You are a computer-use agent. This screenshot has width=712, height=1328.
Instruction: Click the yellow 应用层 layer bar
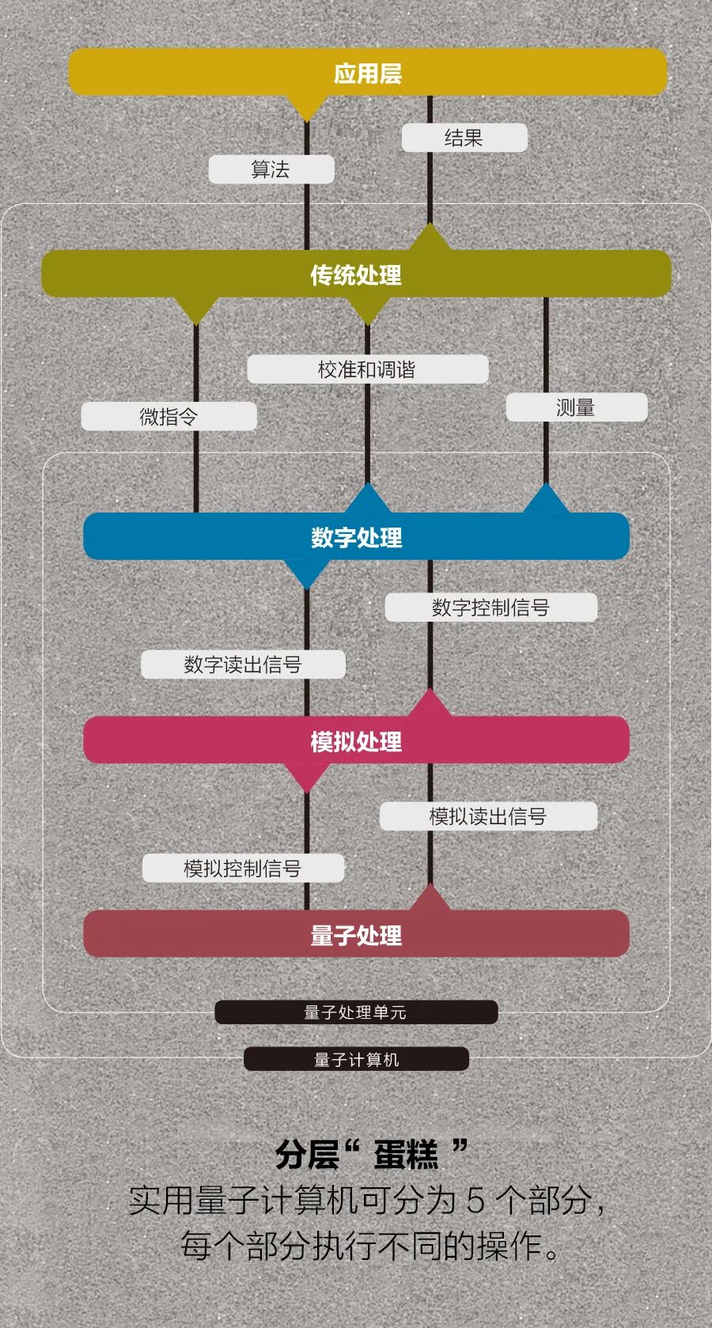(x=368, y=73)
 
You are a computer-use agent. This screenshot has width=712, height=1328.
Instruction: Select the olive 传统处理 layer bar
(x=356, y=274)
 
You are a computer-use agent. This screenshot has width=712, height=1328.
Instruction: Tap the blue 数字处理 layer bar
(x=356, y=537)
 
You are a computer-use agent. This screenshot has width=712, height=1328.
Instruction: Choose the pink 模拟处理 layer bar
(x=356, y=741)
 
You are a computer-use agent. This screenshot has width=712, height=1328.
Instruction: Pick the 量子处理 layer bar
(x=356, y=935)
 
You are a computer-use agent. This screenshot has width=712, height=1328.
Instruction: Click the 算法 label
(x=271, y=169)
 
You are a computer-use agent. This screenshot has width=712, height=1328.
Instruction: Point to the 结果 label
(x=464, y=138)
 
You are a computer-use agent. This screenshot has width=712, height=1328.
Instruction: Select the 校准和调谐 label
(x=367, y=369)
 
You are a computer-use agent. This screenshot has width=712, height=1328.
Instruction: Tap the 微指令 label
(x=169, y=416)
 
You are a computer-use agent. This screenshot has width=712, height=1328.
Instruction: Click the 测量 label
(x=576, y=407)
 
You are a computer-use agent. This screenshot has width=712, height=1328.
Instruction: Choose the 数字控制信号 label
(x=490, y=607)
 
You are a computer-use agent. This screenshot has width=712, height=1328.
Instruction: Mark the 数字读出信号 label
(x=243, y=664)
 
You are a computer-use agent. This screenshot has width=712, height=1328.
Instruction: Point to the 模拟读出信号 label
(x=488, y=816)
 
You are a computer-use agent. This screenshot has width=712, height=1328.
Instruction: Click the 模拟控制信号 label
(x=243, y=868)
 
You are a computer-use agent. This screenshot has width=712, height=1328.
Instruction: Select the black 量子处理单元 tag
(x=356, y=1012)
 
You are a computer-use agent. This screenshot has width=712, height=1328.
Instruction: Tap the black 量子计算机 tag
(x=356, y=1059)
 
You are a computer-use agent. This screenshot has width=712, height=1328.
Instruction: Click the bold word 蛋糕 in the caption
(x=406, y=1156)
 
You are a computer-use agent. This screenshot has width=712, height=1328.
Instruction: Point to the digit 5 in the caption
(x=475, y=1201)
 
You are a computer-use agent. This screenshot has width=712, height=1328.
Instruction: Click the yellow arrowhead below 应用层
(x=307, y=108)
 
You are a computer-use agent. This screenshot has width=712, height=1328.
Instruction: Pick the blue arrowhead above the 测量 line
(x=546, y=499)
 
